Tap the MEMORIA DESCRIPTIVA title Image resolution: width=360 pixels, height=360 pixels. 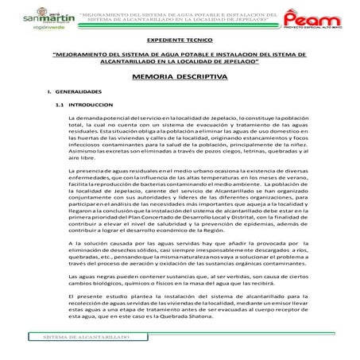[x=181, y=77]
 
